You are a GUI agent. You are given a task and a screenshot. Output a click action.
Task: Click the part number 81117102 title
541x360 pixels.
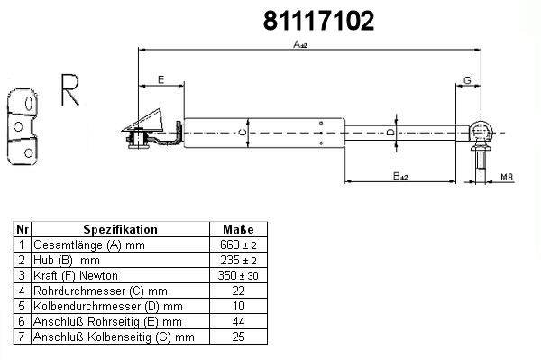click(x=318, y=21)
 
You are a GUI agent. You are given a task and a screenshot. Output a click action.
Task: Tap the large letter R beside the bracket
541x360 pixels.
click(x=70, y=89)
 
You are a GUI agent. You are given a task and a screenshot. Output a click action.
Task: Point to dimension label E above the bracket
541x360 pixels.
click(x=160, y=79)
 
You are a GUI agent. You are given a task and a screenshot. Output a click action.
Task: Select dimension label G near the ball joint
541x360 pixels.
click(x=467, y=80)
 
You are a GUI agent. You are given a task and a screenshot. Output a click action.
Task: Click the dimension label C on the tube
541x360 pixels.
click(x=243, y=133)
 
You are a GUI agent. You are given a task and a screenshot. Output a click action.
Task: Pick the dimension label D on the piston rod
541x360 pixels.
click(x=390, y=132)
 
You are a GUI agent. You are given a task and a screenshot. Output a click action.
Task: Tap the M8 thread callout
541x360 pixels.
click(x=507, y=177)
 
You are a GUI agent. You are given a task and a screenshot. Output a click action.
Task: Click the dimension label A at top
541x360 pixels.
click(x=300, y=44)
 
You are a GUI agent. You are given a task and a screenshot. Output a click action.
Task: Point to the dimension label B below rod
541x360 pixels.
click(x=400, y=176)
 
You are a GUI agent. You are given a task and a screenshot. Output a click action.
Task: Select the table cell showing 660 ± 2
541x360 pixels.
click(x=238, y=245)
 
